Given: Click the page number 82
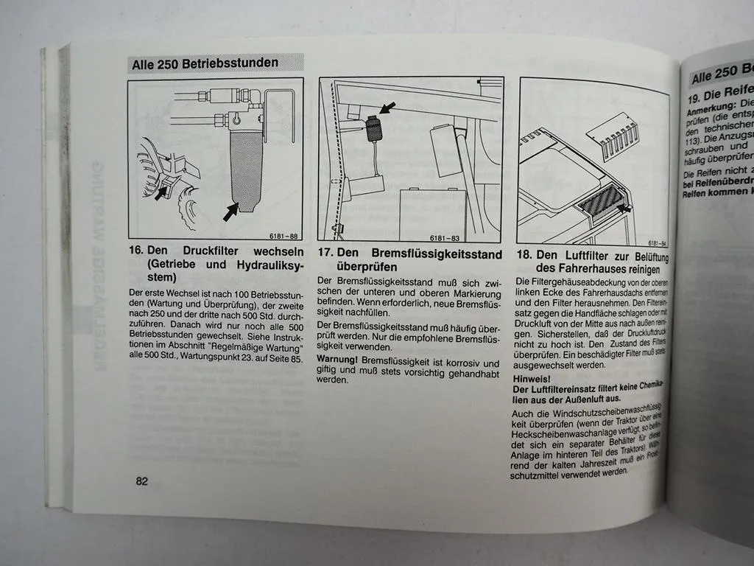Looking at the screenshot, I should (141, 481).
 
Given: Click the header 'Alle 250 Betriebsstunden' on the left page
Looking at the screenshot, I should (205, 63).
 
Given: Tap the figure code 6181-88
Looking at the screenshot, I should (281, 236).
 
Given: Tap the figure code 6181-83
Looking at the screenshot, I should (445, 238).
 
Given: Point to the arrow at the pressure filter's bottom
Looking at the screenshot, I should (231, 212).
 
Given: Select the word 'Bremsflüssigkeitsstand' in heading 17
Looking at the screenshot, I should (432, 254).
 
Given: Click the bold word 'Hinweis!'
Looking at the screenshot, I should (531, 378).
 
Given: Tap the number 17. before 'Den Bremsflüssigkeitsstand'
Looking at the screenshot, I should (326, 254).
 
